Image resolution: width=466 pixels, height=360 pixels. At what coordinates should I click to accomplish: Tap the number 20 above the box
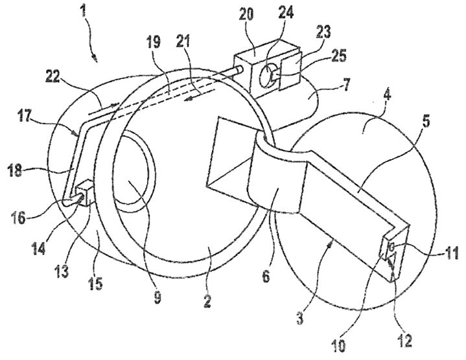click(x=246, y=14)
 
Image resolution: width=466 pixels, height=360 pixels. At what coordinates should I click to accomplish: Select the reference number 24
click(x=286, y=12)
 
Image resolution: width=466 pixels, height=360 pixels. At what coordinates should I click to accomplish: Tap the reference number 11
click(x=452, y=254)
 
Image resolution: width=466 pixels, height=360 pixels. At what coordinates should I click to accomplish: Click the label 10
click(x=339, y=345)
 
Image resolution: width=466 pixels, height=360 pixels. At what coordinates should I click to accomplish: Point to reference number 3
click(x=300, y=319)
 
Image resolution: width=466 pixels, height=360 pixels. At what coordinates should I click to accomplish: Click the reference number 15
click(x=95, y=283)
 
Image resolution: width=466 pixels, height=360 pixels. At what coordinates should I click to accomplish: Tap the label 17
click(x=25, y=116)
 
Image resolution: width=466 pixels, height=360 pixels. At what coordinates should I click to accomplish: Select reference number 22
click(x=54, y=79)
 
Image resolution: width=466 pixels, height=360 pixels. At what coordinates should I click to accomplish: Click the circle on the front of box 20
click(x=267, y=76)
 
